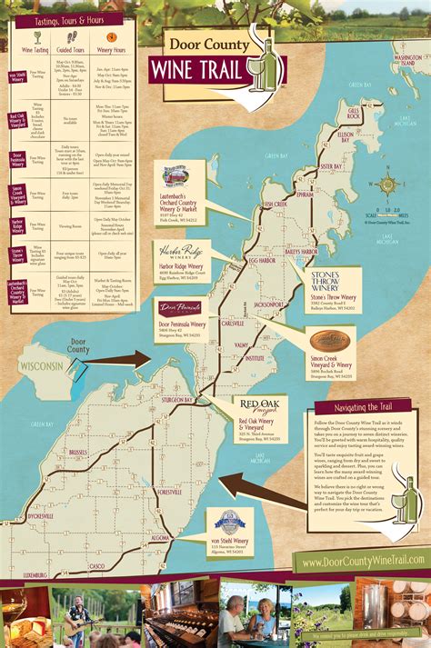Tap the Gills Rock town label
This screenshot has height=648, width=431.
tap(355, 113)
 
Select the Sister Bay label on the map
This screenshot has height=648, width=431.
tap(331, 167)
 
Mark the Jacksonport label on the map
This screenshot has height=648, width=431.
tap(270, 304)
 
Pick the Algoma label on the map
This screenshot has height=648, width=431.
tap(158, 538)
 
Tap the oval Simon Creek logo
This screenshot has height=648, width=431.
tap(329, 340)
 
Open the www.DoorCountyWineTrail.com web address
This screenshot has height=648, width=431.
tap(359, 563)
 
